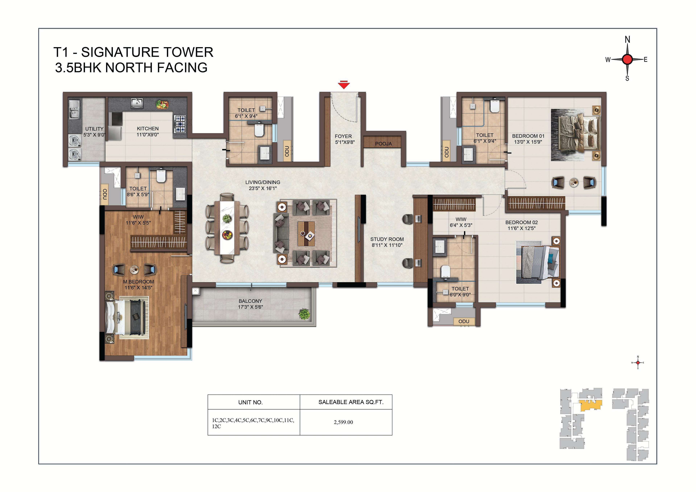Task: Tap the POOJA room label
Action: [x=384, y=144]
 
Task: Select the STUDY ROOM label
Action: [x=387, y=239]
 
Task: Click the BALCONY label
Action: [x=250, y=301]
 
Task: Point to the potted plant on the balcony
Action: [x=304, y=314]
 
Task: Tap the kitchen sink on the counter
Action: [x=137, y=103]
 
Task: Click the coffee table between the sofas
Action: [x=306, y=233]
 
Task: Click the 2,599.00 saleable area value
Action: [x=343, y=422]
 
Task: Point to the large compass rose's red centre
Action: [x=627, y=59]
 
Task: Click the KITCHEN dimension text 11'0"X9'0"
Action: [x=148, y=135]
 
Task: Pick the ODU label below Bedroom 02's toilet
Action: [x=464, y=321]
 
